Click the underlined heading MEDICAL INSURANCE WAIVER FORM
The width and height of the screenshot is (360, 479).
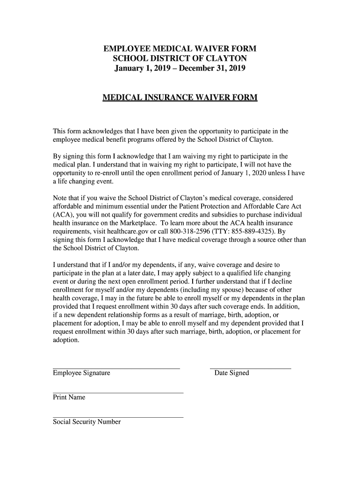180,98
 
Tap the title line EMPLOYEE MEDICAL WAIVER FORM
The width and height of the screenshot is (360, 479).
180,49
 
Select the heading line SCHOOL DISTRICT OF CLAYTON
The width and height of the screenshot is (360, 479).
180,59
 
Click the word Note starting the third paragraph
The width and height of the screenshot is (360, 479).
61,198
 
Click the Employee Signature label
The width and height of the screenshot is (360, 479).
81,373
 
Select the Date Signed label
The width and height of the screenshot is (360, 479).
231,373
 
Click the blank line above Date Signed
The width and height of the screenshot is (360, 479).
250,368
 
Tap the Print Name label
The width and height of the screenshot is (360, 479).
69,397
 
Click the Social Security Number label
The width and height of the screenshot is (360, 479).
86,421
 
